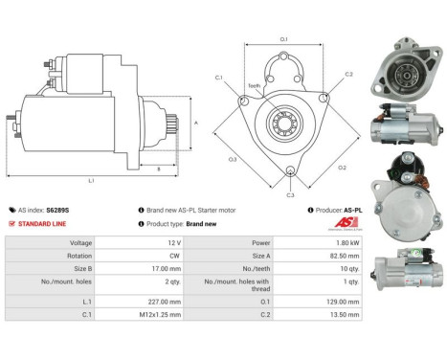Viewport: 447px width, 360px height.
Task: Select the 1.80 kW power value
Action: (346, 242)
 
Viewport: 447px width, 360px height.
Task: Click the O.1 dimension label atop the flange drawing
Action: (284, 39)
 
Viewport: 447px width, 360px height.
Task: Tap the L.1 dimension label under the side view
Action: (90, 179)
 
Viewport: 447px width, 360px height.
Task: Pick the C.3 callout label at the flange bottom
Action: (289, 194)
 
